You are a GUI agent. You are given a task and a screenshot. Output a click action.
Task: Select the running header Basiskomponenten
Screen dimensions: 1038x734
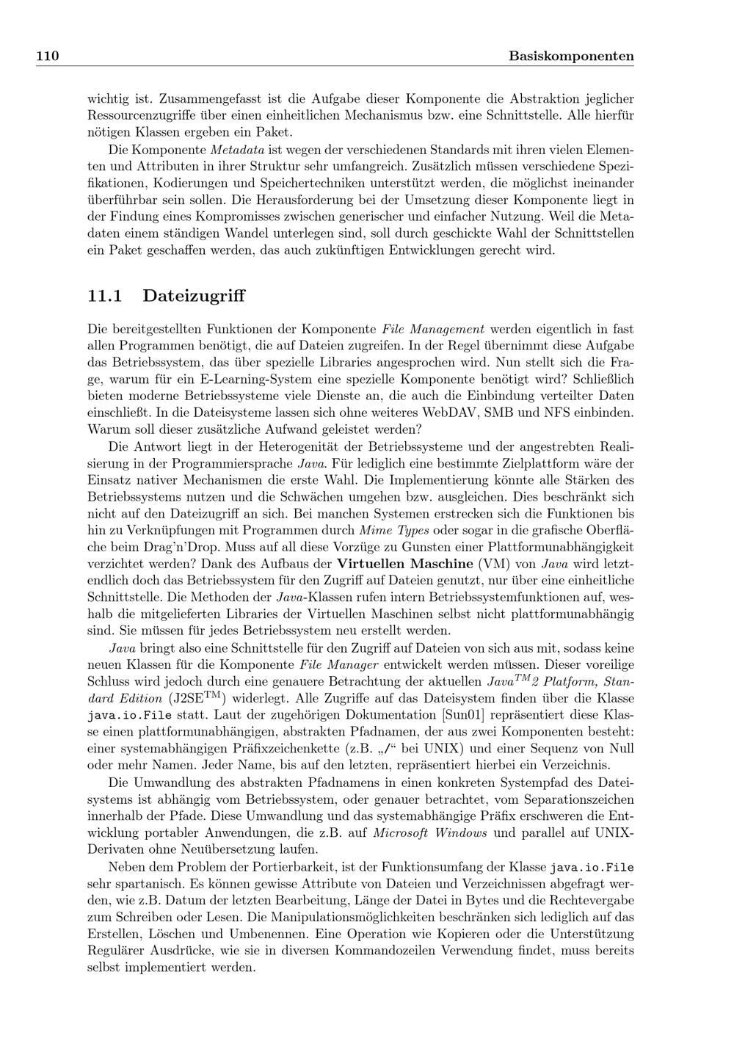[571, 57]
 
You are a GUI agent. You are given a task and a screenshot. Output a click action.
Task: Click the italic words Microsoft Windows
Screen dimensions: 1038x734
[430, 832]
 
